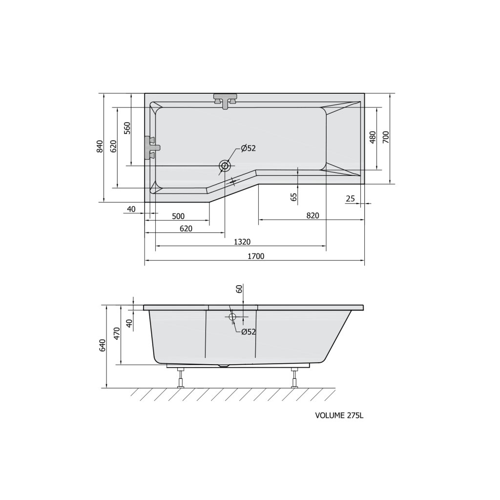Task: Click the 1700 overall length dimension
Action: tap(256, 256)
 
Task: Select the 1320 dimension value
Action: tap(242, 242)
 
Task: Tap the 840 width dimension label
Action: tap(100, 146)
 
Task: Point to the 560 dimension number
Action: tap(127, 128)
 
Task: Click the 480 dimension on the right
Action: tap(373, 137)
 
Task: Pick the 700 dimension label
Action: tap(386, 137)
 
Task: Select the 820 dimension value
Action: tap(312, 215)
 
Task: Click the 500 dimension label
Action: tap(178, 216)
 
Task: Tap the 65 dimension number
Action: tap(294, 197)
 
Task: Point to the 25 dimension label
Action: tap(350, 199)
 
